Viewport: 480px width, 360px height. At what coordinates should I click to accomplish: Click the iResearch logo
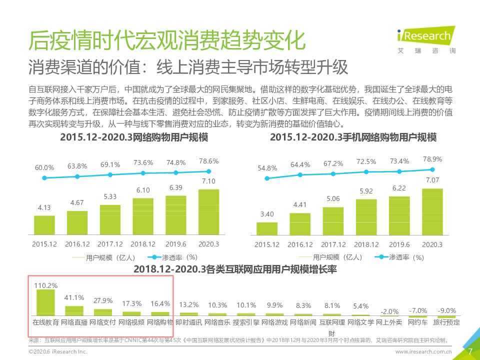(425, 38)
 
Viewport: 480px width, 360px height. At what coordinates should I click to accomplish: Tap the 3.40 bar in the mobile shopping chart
(267, 228)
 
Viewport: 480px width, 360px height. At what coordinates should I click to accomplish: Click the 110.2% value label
(46, 285)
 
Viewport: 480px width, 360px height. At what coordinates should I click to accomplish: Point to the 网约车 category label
(417, 322)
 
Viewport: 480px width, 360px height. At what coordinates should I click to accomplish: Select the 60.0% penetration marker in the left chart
(44, 178)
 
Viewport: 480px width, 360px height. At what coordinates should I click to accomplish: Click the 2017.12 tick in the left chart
(110, 244)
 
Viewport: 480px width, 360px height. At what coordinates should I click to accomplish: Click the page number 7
(469, 351)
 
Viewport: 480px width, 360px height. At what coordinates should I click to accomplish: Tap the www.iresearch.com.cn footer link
(423, 352)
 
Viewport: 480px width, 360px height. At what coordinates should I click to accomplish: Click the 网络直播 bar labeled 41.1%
(74, 311)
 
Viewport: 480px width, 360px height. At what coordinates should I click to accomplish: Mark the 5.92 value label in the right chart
(366, 190)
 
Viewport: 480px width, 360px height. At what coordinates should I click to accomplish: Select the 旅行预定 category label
(445, 322)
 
